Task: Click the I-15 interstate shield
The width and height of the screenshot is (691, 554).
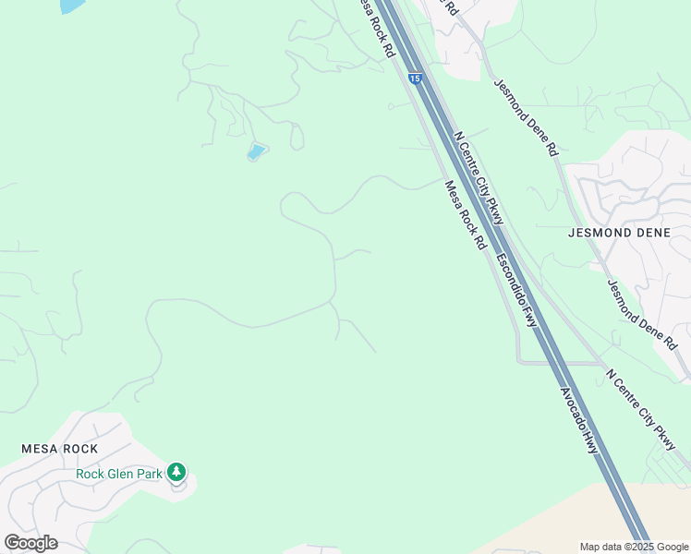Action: [415, 79]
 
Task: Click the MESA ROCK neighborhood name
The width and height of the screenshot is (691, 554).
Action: [60, 448]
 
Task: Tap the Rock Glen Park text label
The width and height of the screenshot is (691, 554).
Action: [119, 475]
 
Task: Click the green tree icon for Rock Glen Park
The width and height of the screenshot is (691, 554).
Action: [176, 473]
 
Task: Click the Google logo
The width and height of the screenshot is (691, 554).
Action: [30, 543]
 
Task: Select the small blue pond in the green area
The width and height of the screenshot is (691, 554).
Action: [256, 151]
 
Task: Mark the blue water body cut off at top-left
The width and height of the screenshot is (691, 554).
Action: [71, 6]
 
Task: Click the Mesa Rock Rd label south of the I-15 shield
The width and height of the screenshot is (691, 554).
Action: [465, 215]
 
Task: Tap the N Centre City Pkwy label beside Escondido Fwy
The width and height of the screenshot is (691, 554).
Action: [479, 176]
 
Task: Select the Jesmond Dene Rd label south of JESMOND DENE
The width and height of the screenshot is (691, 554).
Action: [642, 314]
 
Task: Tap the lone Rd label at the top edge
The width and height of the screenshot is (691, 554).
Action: [450, 7]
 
